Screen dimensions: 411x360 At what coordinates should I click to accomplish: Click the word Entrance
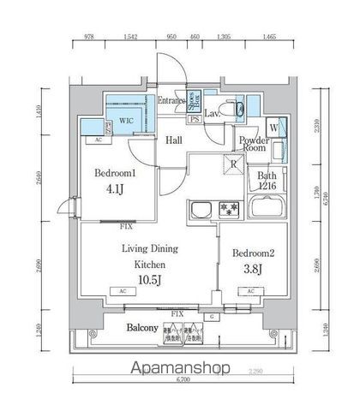(x=171, y=101)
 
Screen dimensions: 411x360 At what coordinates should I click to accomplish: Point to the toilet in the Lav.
(x=239, y=108)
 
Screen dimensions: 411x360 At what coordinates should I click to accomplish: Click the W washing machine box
(x=273, y=128)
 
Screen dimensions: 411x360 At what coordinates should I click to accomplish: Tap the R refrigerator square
(x=232, y=165)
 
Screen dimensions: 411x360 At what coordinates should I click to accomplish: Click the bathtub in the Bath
(x=267, y=207)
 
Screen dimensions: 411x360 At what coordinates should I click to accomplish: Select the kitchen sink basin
(x=202, y=209)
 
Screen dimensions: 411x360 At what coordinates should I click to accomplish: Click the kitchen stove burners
(x=227, y=208)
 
